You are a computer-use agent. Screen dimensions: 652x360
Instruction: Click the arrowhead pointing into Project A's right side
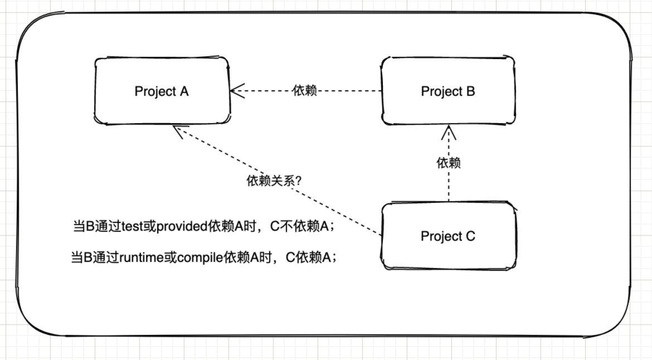(237, 91)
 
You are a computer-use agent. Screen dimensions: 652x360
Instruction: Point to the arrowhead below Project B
(448, 132)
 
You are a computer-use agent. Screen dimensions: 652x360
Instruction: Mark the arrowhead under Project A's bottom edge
(180, 131)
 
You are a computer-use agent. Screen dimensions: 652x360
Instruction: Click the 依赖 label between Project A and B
(305, 90)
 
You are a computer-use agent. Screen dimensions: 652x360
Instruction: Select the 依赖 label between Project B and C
(448, 163)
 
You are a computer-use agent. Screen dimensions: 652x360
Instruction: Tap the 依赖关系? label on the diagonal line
(274, 181)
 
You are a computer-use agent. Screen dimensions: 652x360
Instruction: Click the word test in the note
(132, 226)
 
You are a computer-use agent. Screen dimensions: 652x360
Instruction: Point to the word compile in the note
(201, 258)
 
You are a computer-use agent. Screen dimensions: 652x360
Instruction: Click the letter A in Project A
(184, 91)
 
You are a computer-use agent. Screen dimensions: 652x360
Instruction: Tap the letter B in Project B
(471, 91)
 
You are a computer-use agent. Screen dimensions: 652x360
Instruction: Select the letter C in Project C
(470, 236)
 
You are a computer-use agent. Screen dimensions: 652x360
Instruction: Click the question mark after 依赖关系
(298, 181)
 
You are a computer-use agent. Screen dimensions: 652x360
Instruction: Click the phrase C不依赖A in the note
(299, 226)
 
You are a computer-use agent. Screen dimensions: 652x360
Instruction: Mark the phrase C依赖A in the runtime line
(308, 258)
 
